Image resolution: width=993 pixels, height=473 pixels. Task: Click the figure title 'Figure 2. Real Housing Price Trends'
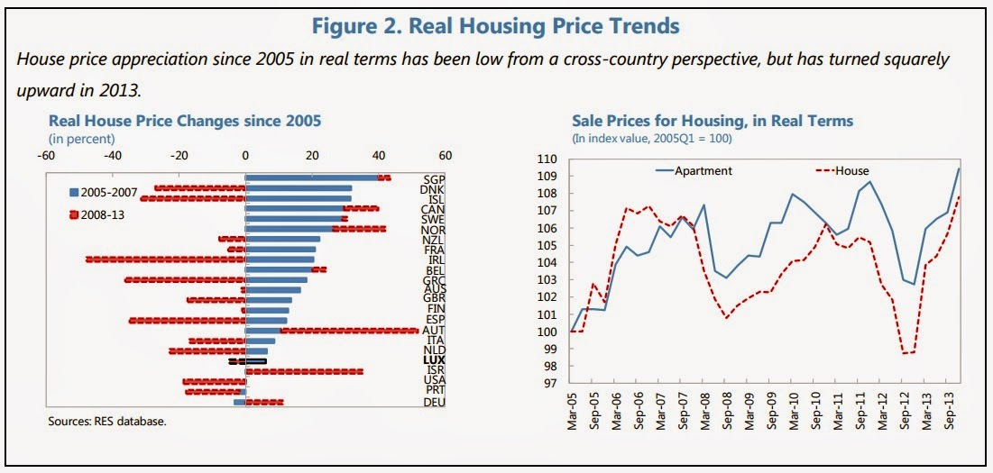(496, 26)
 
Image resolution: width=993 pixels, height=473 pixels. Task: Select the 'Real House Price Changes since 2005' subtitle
(184, 121)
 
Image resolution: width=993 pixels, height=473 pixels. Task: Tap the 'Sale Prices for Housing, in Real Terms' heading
(713, 121)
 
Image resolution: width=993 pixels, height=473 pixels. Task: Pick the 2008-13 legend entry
(101, 215)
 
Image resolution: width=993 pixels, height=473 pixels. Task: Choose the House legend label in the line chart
(836, 170)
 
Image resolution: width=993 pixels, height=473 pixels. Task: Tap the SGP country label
(435, 179)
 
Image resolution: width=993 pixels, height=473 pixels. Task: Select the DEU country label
(435, 403)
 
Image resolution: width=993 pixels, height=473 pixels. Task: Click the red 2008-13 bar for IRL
(165, 259)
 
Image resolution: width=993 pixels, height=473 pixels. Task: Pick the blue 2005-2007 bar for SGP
(311, 177)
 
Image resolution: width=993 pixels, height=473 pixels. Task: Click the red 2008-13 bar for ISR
(304, 371)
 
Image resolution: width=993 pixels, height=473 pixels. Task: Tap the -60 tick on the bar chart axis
(45, 155)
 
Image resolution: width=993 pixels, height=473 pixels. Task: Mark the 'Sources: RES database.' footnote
(107, 421)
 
